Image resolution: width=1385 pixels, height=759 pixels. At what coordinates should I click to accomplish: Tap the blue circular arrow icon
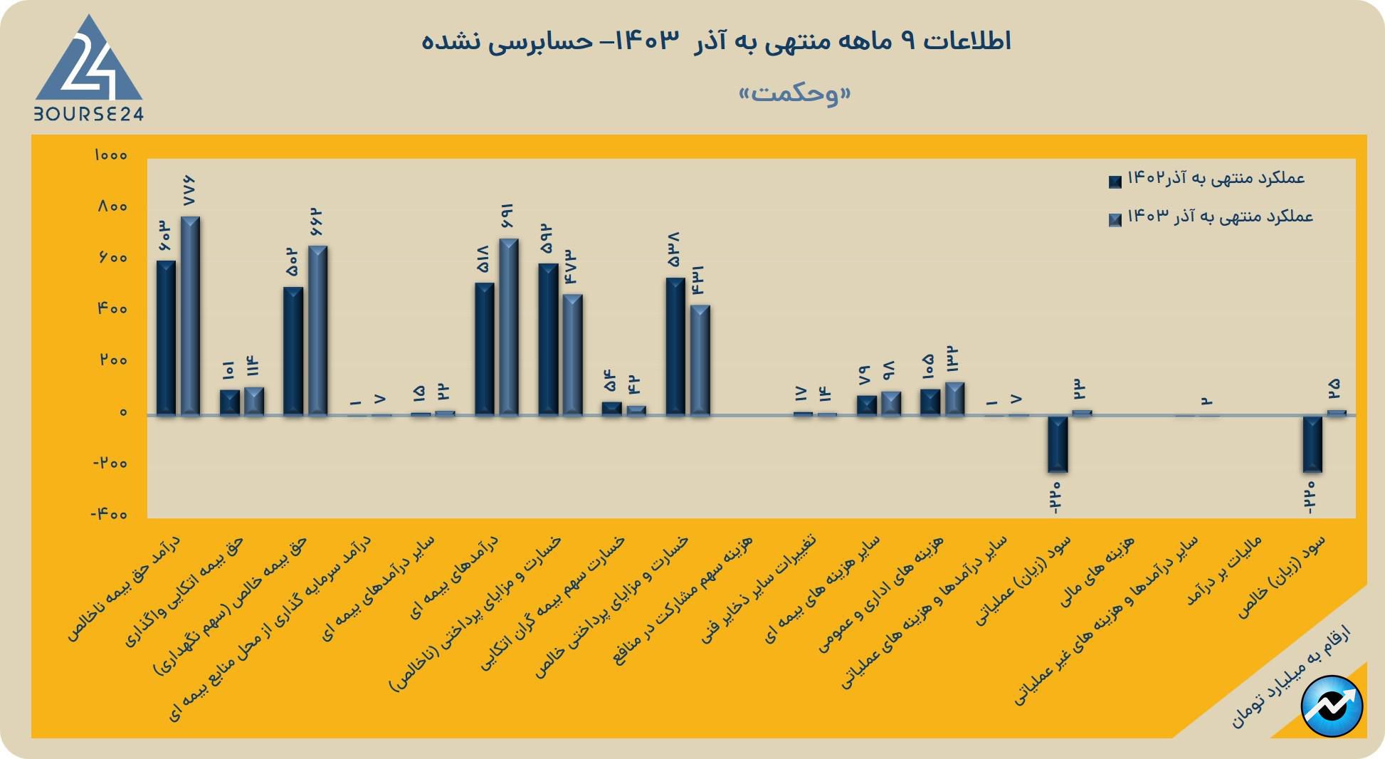coord(1332,706)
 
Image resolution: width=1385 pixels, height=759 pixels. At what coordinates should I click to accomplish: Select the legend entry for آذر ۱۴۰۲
coord(1207,179)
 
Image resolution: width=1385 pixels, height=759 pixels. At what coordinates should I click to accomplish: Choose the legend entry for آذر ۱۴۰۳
coord(1211,217)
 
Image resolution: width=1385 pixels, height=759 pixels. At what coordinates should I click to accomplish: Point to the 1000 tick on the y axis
coord(110,155)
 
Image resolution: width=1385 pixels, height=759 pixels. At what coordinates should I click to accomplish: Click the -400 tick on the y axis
coord(109,514)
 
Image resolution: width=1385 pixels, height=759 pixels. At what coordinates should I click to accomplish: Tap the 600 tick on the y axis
coord(112,258)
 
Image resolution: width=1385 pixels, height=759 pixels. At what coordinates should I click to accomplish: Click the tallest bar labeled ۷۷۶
coord(190,315)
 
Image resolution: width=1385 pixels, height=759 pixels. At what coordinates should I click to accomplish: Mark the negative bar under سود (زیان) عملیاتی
coord(1058,444)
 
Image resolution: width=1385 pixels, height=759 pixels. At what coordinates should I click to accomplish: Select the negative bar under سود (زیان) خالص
coord(1312,444)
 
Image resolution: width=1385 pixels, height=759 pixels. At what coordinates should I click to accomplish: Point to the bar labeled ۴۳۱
coord(700,360)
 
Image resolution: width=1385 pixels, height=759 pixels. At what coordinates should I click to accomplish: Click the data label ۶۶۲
coord(317,222)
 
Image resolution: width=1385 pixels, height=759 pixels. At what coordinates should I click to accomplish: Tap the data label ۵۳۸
coord(674,250)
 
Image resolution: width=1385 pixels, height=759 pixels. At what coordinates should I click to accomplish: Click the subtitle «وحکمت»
coord(794,93)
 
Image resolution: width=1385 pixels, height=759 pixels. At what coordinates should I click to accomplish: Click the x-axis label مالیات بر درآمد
coord(1223,571)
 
